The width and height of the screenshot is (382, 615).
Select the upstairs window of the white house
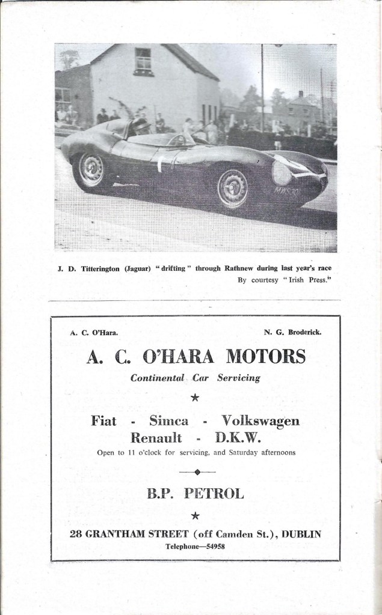(143, 61)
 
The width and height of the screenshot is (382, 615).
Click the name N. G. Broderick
(290, 332)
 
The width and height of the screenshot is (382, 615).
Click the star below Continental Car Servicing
(194, 397)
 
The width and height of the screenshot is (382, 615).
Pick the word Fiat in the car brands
(103, 421)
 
